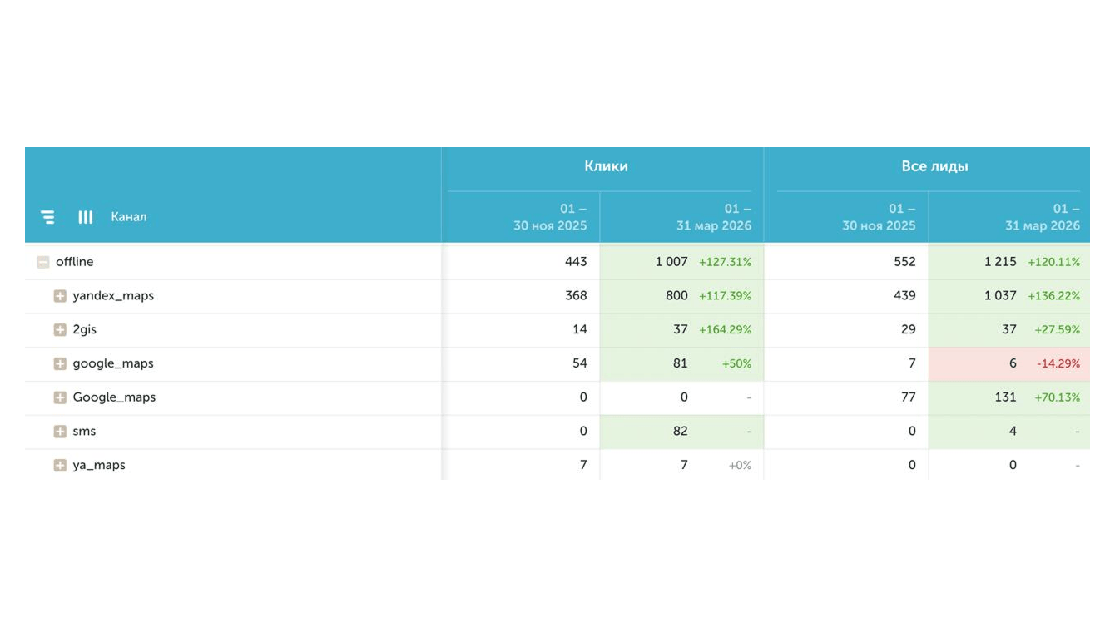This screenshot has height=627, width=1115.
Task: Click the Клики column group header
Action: pos(606,166)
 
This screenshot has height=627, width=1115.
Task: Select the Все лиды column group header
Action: pos(934,166)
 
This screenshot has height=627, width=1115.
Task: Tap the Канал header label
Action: pos(128,217)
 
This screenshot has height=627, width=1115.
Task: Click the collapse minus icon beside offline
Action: pos(43,262)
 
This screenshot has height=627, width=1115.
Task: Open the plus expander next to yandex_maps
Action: pos(60,296)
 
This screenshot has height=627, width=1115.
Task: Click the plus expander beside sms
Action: pos(60,432)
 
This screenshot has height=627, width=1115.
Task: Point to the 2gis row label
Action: pos(85,329)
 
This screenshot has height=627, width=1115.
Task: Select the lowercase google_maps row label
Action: pos(113,363)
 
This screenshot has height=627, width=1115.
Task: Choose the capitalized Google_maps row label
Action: pos(114,397)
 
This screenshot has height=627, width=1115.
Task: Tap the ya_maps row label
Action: pos(99,466)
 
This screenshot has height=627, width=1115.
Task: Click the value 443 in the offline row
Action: pos(576,262)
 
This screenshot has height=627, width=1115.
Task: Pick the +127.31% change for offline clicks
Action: pos(725,262)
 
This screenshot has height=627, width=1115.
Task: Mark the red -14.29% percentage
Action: pos(1058,363)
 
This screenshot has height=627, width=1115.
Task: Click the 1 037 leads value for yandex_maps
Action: pos(1000,295)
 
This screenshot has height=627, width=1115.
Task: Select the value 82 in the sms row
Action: pos(681,431)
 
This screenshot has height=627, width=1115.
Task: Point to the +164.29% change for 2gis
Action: pos(725,330)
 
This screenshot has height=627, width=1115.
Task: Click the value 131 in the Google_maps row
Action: pos(1005,397)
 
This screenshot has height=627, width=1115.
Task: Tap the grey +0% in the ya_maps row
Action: pos(740,466)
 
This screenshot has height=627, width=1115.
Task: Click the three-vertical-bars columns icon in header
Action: pos(85,217)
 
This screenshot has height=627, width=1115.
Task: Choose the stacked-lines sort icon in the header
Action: pos(47,217)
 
